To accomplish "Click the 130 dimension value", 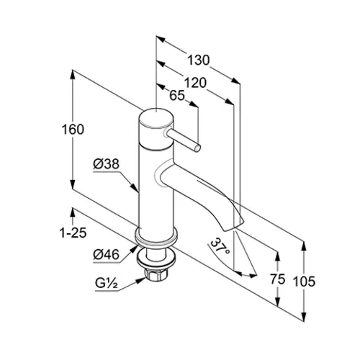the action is click(x=198, y=60).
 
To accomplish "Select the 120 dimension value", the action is click(x=195, y=83).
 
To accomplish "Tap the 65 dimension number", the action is click(x=177, y=96).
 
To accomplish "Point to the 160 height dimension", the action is click(x=73, y=130).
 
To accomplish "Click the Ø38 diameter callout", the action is click(x=106, y=164).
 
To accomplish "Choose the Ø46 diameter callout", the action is click(x=106, y=254).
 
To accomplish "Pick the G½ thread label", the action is click(x=107, y=283).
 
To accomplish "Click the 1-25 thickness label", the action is click(x=73, y=233).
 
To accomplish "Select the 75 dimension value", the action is click(x=278, y=279).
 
